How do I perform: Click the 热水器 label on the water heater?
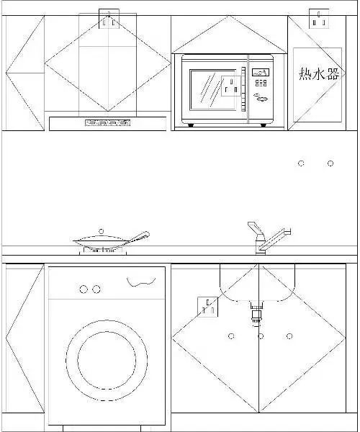[x=319, y=74]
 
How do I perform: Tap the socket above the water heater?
[x=319, y=19]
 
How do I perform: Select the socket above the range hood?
[x=109, y=19]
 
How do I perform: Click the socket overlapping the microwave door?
[x=231, y=86]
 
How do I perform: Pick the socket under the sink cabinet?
[x=208, y=307]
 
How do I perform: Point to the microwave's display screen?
[x=261, y=73]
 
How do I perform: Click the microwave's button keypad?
[x=261, y=83]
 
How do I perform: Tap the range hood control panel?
[x=107, y=123]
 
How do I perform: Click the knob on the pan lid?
[x=101, y=231]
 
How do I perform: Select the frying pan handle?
[x=138, y=237]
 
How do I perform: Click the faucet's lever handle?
[x=256, y=228]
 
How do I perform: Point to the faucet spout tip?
[x=289, y=231]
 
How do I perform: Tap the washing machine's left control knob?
[x=84, y=289]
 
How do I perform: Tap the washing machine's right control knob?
[x=96, y=289]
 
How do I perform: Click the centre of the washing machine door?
[x=107, y=360]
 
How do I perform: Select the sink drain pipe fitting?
[x=257, y=313]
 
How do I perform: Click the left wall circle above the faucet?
[x=301, y=163]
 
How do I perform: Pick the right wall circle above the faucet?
[x=330, y=163]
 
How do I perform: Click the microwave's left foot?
[x=191, y=125]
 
